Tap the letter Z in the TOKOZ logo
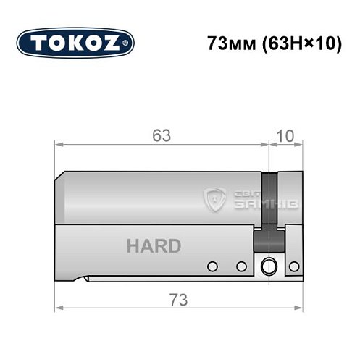(117, 43)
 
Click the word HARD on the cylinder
(154, 246)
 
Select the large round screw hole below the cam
(269, 266)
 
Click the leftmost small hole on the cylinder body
(212, 266)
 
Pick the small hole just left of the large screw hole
(241, 266)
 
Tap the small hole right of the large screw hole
(293, 266)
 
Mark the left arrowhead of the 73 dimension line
(59, 308)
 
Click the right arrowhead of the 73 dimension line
(298, 308)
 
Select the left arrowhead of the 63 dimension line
(59, 145)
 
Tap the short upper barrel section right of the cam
(289, 195)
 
